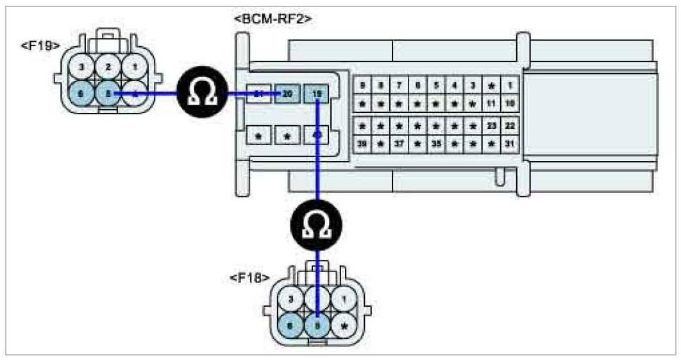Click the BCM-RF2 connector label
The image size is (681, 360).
(x=273, y=18)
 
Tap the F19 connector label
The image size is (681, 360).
(x=40, y=47)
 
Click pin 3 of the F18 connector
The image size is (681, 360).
(x=291, y=299)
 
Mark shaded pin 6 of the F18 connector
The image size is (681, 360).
(x=291, y=325)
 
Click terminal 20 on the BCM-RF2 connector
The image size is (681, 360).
(x=287, y=94)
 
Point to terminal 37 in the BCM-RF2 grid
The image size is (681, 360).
(x=398, y=144)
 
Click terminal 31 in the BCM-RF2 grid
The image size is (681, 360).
(x=510, y=144)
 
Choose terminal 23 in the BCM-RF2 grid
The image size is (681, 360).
(x=491, y=126)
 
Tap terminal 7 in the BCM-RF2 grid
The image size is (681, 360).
(x=398, y=85)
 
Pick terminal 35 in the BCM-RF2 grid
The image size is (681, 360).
(x=435, y=144)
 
